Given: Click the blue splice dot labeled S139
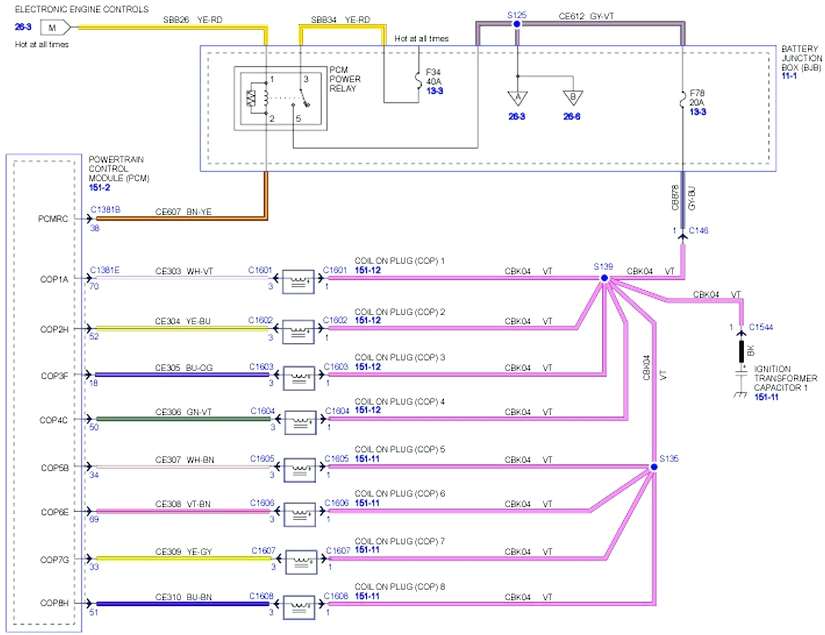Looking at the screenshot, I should tap(604, 278).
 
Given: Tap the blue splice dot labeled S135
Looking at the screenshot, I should tap(654, 467).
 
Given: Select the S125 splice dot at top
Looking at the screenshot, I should tap(517, 24).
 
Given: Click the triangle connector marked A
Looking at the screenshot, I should tap(517, 98).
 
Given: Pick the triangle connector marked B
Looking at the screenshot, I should tap(572, 98).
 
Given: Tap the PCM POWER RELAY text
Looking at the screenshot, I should tap(345, 79).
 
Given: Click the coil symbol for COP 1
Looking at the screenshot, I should tap(298, 282).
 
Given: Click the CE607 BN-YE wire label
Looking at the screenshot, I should tap(183, 212).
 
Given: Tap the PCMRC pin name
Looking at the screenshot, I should tap(53, 219).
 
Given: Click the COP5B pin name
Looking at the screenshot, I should tap(54, 468).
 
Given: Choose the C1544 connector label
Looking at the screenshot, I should tap(760, 327).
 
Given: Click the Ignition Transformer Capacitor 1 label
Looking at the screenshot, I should tap(785, 378).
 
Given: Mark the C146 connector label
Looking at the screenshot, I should tap(698, 230).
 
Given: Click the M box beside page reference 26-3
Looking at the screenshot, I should tap(53, 28).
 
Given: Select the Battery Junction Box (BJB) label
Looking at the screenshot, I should tap(801, 58).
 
